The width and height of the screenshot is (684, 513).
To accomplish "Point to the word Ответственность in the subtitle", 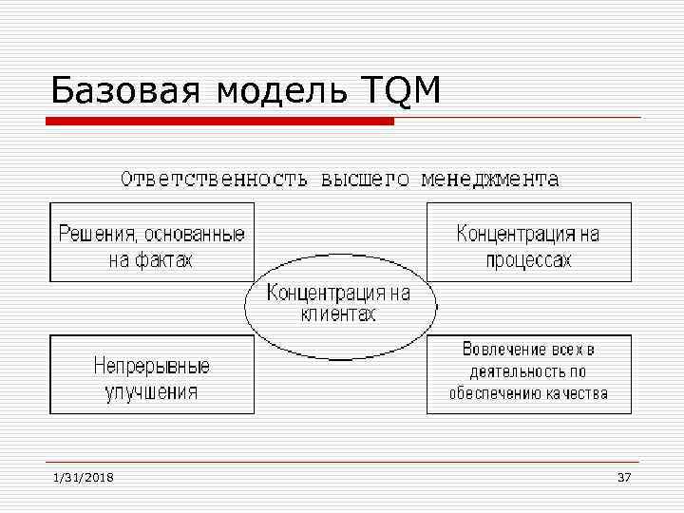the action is tap(213, 179).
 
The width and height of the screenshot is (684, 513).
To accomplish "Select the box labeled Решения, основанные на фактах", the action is tap(152, 242).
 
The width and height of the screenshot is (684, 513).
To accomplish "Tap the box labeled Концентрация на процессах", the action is tap(529, 242).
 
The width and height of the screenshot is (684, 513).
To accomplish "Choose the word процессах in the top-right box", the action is tap(529, 259).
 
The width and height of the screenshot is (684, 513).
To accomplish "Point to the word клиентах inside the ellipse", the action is tap(339, 314).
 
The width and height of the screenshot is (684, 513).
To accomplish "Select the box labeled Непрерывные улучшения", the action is tap(152, 374).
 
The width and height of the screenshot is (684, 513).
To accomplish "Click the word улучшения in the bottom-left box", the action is tap(152, 391).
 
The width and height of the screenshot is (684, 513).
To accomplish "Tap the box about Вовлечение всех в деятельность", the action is tap(529, 374).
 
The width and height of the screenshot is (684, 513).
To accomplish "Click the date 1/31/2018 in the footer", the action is tap(83, 477).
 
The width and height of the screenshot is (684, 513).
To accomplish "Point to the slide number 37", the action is tap(624, 477).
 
